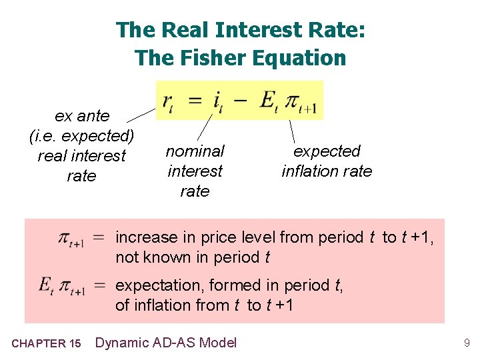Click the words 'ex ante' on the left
(82, 116)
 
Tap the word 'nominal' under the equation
(195, 151)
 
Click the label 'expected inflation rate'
(327, 161)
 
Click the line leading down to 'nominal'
(207, 127)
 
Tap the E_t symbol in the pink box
(46, 286)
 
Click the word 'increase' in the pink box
(146, 237)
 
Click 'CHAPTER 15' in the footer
(47, 343)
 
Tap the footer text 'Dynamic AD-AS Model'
(166, 343)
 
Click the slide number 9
(467, 343)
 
